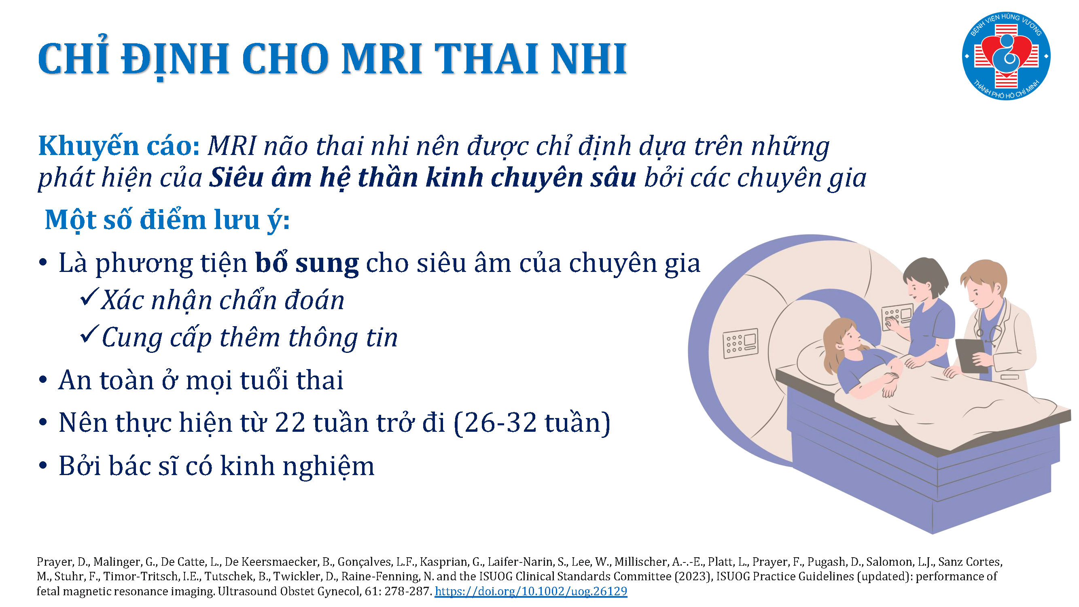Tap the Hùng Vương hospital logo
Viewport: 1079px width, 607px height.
pos(1006,56)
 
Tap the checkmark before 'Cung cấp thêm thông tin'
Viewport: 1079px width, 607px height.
pos(89,334)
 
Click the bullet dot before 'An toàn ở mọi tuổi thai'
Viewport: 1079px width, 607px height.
pos(43,380)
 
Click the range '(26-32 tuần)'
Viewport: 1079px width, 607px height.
pos(532,423)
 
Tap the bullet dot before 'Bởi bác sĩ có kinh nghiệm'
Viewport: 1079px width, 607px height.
pos(43,465)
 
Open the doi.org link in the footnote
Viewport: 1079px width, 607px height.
pos(531,591)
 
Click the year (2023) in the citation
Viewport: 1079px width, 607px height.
pos(693,576)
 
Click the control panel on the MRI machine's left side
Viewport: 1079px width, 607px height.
pos(740,343)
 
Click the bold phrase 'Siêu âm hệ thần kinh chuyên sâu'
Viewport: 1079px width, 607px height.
pos(422,177)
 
